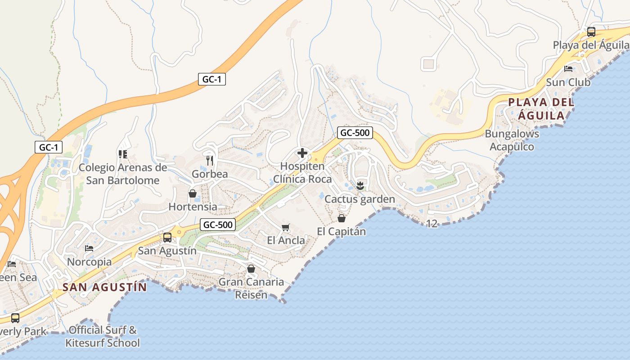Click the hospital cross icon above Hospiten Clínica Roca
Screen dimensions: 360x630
[302, 153]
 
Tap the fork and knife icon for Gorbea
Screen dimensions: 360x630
[210, 161]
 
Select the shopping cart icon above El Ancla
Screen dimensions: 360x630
[285, 227]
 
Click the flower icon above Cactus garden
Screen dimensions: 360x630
[360, 185]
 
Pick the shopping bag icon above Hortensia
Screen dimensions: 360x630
[193, 193]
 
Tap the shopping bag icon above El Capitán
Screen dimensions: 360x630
[342, 218]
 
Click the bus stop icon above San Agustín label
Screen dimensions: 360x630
[167, 237]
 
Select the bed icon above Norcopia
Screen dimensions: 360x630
[89, 248]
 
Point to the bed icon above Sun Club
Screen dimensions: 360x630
[568, 69]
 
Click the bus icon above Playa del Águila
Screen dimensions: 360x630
[591, 32]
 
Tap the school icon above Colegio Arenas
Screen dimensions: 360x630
[122, 154]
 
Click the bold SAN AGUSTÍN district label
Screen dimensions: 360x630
[105, 287]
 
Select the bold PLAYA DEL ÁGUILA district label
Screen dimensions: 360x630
[541, 109]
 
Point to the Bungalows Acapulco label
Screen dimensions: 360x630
[512, 140]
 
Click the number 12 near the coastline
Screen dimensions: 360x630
[432, 223]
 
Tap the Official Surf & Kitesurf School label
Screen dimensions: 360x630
[103, 337]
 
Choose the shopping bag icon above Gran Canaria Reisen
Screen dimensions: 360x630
[251, 269]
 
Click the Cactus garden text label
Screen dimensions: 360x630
[360, 199]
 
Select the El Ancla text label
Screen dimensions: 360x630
[286, 240]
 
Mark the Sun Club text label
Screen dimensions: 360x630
[568, 82]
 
